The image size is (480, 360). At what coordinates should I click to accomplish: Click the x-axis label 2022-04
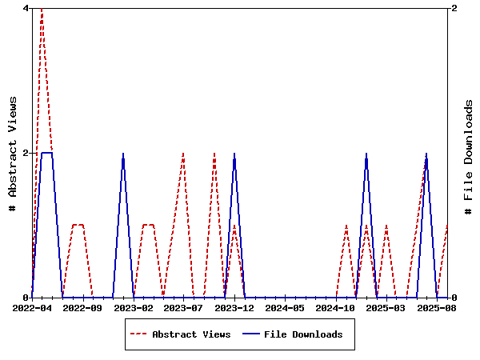[x=33, y=307]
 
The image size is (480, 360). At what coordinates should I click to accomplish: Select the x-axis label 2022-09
[x=83, y=307]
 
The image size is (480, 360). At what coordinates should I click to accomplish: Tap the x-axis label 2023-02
[x=134, y=307]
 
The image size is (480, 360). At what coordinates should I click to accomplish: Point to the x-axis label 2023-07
[x=184, y=307]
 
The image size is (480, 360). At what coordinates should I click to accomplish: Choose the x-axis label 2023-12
[x=234, y=307]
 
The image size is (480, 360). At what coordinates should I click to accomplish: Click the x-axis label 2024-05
[x=285, y=307]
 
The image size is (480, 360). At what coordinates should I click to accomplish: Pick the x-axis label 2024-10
[x=335, y=307]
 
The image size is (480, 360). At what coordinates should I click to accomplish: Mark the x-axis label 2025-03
[x=386, y=307]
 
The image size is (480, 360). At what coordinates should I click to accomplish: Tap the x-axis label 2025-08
[x=436, y=307]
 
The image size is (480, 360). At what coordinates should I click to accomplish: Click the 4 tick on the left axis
[x=26, y=8]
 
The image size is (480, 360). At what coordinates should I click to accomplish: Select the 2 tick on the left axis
[x=26, y=153]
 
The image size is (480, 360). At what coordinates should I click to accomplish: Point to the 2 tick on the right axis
[x=454, y=8]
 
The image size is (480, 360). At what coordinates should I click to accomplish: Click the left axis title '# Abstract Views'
[x=12, y=153]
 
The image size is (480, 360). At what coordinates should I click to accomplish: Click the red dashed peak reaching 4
[x=42, y=10]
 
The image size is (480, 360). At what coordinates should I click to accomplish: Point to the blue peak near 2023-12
[x=234, y=154]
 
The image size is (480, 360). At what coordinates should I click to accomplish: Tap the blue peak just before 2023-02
[x=123, y=154]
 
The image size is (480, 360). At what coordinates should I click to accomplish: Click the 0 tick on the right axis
[x=454, y=298]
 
